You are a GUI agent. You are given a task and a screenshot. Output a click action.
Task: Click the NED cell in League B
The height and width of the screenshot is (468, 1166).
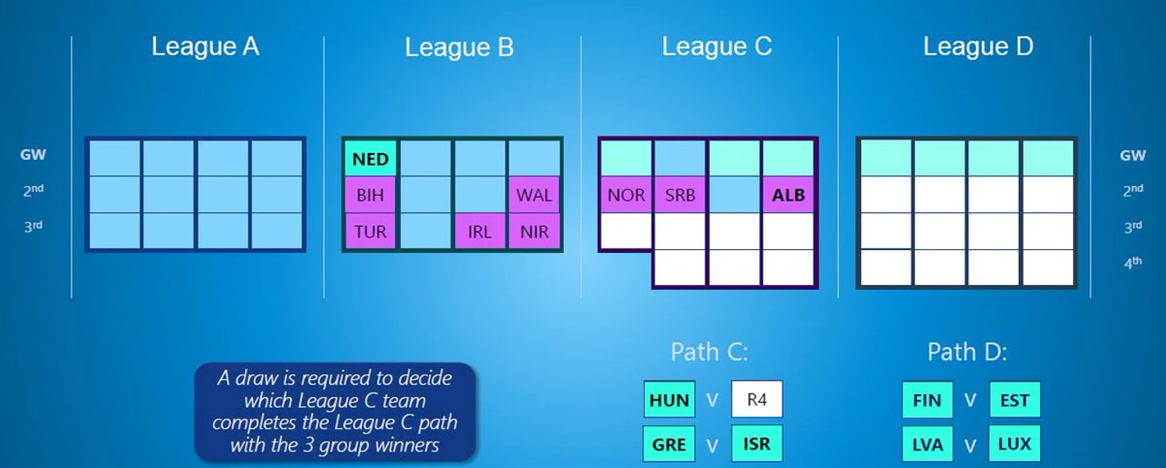tap(371, 158)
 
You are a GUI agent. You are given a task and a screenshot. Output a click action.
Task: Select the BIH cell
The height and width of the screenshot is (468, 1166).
tap(371, 195)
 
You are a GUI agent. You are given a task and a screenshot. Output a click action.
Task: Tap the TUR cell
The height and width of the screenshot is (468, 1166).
tap(371, 232)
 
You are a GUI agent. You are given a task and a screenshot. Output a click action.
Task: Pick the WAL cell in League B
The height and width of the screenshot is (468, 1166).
tap(534, 195)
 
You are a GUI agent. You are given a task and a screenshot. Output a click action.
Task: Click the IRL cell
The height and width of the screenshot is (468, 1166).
tap(479, 232)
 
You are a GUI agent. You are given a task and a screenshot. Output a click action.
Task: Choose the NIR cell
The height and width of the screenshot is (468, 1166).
tap(534, 232)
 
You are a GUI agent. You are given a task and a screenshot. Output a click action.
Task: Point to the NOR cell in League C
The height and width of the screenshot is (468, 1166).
tap(626, 195)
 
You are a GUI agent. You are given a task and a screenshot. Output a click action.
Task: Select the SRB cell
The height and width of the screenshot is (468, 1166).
tap(680, 195)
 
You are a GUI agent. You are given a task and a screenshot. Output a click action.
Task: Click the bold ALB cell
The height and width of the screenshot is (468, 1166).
tap(789, 195)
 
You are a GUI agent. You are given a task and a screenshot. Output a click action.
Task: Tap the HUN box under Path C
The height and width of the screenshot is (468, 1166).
tap(669, 400)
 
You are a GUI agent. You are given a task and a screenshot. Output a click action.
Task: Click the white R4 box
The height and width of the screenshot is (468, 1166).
tap(756, 400)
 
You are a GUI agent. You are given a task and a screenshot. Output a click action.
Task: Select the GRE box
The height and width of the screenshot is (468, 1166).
tap(669, 444)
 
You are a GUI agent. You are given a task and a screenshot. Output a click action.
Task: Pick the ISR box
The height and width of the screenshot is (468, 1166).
tap(756, 444)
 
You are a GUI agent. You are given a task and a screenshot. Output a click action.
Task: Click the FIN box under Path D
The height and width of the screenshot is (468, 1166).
tap(927, 400)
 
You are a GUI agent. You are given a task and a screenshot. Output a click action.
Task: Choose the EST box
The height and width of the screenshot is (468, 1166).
tap(1015, 400)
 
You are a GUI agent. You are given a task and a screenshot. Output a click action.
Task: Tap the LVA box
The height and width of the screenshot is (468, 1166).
tap(927, 444)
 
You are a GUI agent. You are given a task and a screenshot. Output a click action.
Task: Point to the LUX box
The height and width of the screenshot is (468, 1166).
tap(1015, 444)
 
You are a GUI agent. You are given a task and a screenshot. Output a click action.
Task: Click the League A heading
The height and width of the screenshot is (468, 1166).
tap(205, 46)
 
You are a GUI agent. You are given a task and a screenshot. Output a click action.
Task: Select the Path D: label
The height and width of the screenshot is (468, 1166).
tap(967, 351)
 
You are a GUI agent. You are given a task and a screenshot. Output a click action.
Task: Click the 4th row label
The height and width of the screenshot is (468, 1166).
tap(1132, 262)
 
